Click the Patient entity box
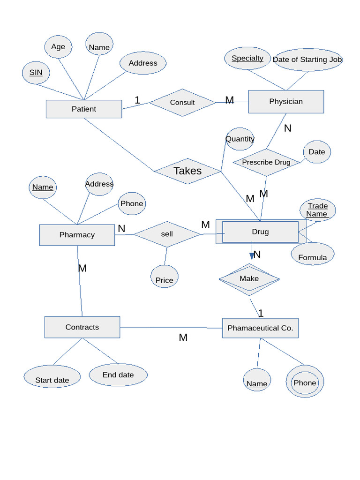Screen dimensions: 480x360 pos(84,109)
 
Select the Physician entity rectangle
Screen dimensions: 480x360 pos(286,102)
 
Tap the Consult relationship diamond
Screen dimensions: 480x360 pos(182,102)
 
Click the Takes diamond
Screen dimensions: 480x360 pos(187,171)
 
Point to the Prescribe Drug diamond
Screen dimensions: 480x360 pos(266,162)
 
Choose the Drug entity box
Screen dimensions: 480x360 pos(260,232)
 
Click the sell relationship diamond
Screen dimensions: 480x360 pos(167,234)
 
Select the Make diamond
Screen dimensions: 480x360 pos(249,279)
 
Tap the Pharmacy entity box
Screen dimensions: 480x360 pos(77,235)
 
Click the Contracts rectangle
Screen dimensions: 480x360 pos(82,327)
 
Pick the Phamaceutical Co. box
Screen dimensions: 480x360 pos(260,328)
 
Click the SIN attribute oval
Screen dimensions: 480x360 pos(36,73)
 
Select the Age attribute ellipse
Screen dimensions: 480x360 pos(58,47)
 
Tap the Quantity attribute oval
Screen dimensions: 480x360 pos(240,139)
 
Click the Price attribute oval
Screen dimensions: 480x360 pos(164,277)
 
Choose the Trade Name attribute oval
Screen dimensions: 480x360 pos(317,210)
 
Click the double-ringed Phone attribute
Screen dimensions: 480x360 pos(305,382)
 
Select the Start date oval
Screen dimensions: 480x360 pos(52,377)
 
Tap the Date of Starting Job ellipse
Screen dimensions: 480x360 pos(307,60)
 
